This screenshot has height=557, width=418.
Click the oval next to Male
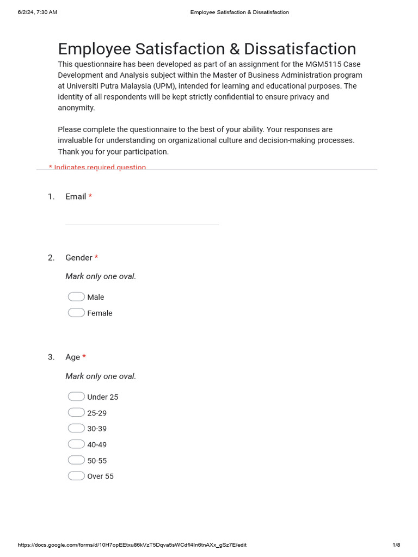pyautogui.click(x=76, y=296)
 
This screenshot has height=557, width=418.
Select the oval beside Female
pyautogui.click(x=76, y=312)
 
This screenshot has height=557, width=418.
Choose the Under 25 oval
pyautogui.click(x=76, y=396)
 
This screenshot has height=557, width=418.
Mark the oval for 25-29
pyautogui.click(x=76, y=412)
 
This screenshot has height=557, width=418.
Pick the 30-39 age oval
pyautogui.click(x=76, y=428)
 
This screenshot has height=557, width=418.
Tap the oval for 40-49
pyautogui.click(x=76, y=444)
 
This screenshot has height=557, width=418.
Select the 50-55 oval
pyautogui.click(x=76, y=460)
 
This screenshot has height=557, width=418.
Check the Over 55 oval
pyautogui.click(x=76, y=475)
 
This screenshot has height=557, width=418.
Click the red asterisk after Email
pyautogui.click(x=90, y=196)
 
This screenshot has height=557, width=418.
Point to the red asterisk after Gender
pyautogui.click(x=96, y=257)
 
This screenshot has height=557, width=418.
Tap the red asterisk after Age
pyautogui.click(x=84, y=357)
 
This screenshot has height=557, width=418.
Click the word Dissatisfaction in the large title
pyautogui.click(x=300, y=49)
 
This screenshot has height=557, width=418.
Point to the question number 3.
pyautogui.click(x=51, y=357)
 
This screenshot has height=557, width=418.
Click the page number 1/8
pyautogui.click(x=396, y=545)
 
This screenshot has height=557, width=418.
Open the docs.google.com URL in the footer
pyautogui.click(x=132, y=545)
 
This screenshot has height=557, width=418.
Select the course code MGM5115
pyautogui.click(x=324, y=64)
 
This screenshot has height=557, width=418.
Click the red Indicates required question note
pyautogui.click(x=97, y=167)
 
